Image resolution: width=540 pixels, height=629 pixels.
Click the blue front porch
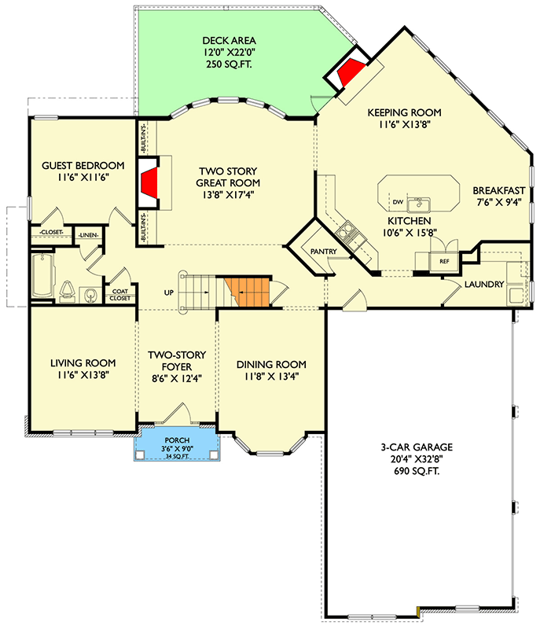pos(178,444)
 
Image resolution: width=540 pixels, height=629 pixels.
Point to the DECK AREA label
pos(230,41)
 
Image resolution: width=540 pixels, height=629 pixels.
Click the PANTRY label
pos(325,252)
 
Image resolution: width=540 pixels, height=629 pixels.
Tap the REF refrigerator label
pos(444,260)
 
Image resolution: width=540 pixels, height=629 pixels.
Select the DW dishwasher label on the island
pos(398,202)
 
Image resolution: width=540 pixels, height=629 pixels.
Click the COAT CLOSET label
pos(120,293)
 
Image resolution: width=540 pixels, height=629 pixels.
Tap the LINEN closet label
pos(86,234)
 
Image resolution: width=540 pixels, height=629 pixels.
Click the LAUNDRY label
pos(483,284)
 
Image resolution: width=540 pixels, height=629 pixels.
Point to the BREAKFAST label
pos(499,190)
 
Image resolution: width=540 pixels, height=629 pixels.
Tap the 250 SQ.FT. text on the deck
pos(230,66)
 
